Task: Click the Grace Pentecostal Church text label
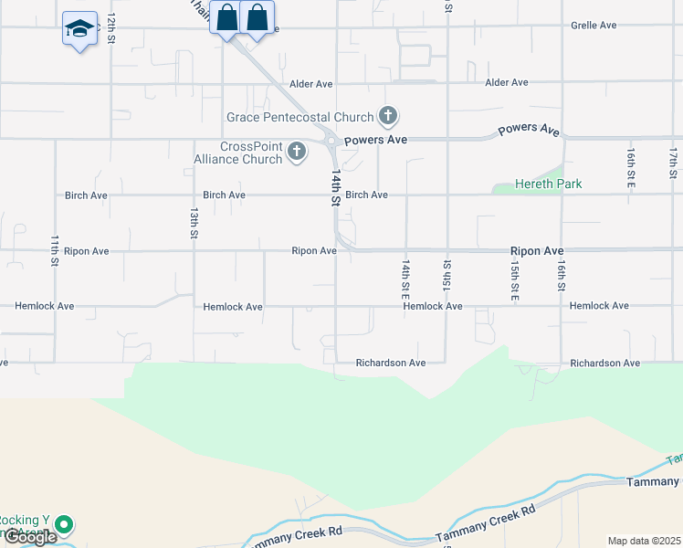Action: pyautogui.click(x=300, y=117)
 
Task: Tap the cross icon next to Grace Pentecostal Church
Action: pyautogui.click(x=388, y=116)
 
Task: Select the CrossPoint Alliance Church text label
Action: pyautogui.click(x=238, y=153)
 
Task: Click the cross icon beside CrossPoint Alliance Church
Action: pyautogui.click(x=297, y=152)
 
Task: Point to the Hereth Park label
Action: pyautogui.click(x=548, y=184)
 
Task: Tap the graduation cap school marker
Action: pyautogui.click(x=80, y=29)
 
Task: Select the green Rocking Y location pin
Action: pyautogui.click(x=63, y=525)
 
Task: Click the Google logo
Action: pyautogui.click(x=29, y=537)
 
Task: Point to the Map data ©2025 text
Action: pyautogui.click(x=643, y=541)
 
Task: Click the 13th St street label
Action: pyautogui.click(x=194, y=223)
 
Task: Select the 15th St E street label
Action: pyautogui.click(x=515, y=279)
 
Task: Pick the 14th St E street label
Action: pyautogui.click(x=405, y=279)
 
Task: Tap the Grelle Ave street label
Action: pyautogui.click(x=594, y=26)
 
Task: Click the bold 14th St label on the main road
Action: pyautogui.click(x=336, y=187)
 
